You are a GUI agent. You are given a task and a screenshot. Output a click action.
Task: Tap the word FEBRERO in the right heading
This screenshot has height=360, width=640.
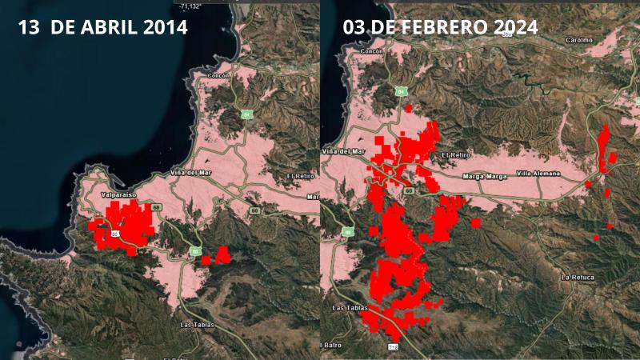click(434, 26)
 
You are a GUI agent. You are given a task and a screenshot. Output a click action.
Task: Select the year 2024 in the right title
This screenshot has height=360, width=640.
click(510, 26)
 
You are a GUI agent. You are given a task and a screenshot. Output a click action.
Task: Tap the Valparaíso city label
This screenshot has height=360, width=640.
click(118, 194)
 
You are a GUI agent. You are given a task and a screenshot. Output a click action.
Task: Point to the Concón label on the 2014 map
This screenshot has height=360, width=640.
click(218, 75)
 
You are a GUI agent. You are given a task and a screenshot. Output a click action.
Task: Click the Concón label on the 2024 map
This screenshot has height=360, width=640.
click(373, 50)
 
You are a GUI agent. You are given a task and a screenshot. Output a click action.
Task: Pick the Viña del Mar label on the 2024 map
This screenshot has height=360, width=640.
click(342, 151)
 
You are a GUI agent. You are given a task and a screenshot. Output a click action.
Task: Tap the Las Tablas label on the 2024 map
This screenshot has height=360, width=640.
click(347, 306)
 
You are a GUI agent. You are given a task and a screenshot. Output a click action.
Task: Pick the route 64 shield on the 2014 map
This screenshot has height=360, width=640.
click(246, 114)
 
